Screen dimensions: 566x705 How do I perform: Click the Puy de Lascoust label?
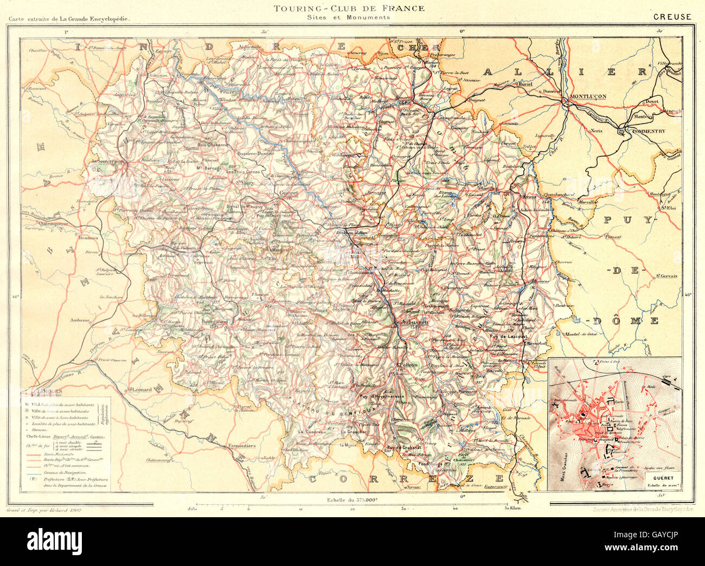(x=507, y=337)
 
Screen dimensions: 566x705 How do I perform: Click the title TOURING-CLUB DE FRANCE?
(x=348, y=8)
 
